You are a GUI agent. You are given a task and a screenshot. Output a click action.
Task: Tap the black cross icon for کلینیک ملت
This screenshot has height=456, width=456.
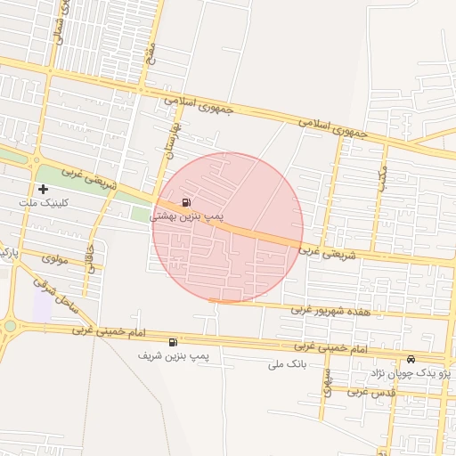[44, 189]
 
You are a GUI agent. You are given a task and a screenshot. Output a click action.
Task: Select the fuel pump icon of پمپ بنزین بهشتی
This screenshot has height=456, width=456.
[185, 202]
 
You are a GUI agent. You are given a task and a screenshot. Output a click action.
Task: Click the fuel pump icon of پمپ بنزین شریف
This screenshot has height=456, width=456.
[173, 342]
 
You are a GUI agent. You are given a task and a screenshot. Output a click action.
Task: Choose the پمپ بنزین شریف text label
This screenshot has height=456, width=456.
[173, 355]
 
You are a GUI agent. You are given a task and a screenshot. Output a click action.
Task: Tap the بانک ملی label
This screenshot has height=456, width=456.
[287, 364]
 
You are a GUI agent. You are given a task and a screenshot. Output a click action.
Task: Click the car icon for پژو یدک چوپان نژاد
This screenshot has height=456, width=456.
[411, 359]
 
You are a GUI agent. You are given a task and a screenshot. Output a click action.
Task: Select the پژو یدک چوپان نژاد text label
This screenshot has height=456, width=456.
[411, 373]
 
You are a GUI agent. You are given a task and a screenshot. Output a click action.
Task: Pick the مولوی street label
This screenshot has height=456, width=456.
[55, 258]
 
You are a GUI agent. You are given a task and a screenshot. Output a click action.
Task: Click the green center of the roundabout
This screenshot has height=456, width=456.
[9, 327]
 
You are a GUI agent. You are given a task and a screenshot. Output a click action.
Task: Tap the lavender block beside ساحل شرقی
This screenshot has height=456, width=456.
[42, 305]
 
